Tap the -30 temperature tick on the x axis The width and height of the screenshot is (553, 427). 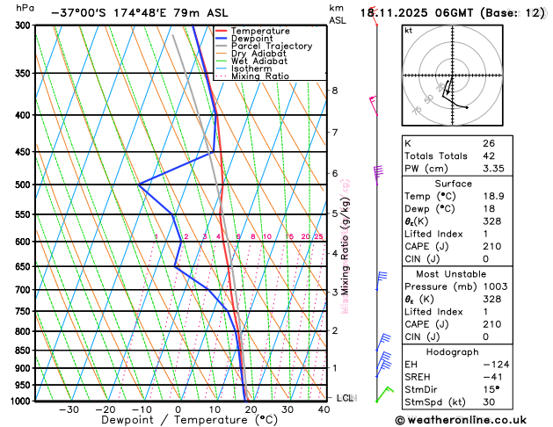point(69,409)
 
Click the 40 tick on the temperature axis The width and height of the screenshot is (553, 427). point(324,409)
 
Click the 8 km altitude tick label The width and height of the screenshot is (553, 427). point(334,90)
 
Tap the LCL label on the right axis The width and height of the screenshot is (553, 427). point(345,398)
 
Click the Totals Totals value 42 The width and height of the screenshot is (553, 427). point(488,156)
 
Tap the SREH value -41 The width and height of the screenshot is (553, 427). point(491,376)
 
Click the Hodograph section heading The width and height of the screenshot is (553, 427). point(454,351)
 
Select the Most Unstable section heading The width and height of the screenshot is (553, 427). point(454,273)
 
